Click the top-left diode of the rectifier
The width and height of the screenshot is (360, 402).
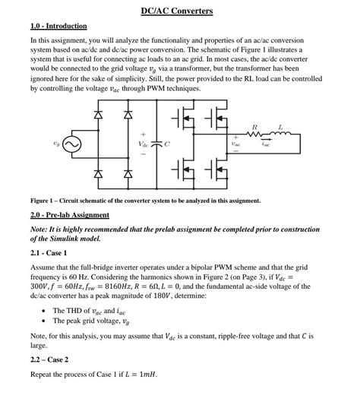click(x=96, y=115)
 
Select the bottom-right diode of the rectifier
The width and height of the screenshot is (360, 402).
click(x=128, y=174)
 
